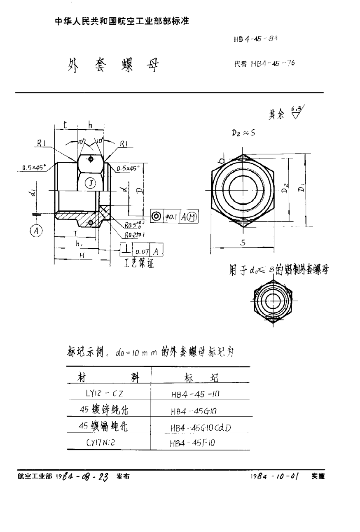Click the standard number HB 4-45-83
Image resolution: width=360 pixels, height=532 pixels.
click(x=255, y=40)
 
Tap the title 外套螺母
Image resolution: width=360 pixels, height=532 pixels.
click(x=112, y=65)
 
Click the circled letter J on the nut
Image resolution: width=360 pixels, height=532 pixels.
click(x=90, y=183)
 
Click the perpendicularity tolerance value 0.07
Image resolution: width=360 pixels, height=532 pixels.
click(x=141, y=250)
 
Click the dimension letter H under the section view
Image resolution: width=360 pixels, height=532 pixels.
click(x=82, y=256)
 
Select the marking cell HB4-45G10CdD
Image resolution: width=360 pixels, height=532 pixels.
click(x=200, y=427)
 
